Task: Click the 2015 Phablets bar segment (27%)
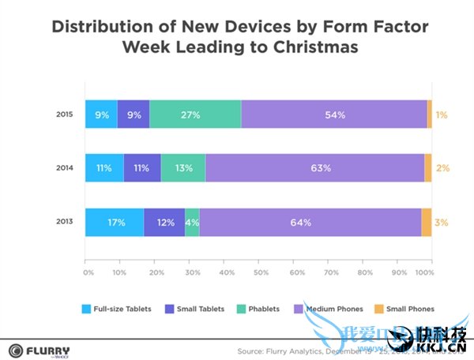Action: click(x=195, y=115)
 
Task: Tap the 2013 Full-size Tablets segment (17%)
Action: click(x=115, y=223)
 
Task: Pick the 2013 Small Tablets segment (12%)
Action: click(x=164, y=223)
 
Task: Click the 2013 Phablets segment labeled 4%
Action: click(x=192, y=223)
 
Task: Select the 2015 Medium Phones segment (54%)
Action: click(x=334, y=115)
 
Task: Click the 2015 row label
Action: click(x=64, y=115)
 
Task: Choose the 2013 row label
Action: click(x=64, y=223)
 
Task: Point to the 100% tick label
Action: click(x=424, y=273)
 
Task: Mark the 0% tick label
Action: click(x=88, y=273)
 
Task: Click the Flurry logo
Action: click(x=39, y=351)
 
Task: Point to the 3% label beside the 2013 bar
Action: click(x=442, y=223)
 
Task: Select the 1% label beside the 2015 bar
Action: click(x=442, y=115)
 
